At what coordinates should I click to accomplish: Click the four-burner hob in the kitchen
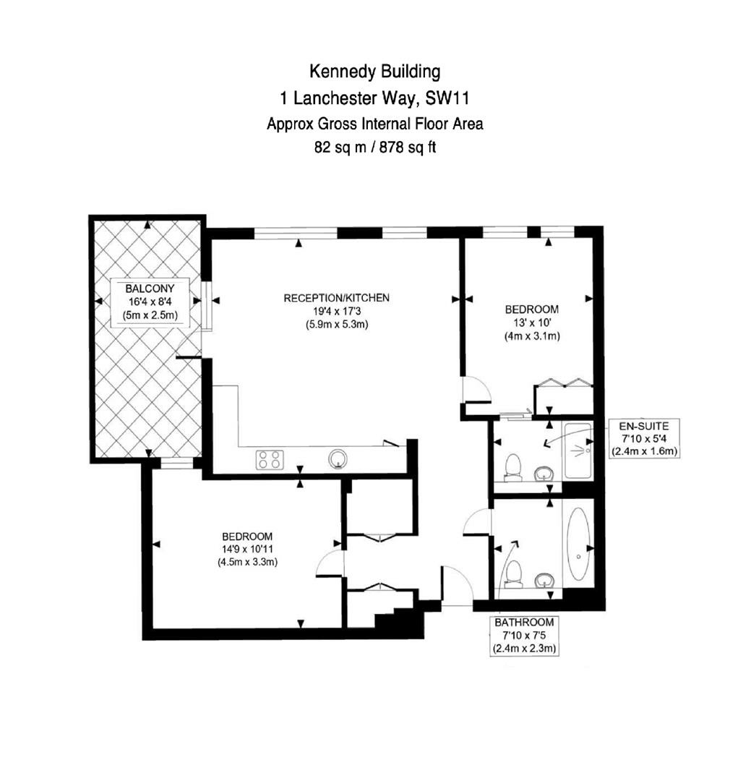270,460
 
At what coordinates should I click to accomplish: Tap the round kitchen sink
339,458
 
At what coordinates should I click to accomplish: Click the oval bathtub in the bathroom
578,544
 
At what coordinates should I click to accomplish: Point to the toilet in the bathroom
513,575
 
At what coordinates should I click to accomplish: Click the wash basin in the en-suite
544,473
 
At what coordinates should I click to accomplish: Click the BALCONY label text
150,289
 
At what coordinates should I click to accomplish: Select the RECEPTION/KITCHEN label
337,298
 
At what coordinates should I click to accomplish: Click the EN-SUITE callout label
644,426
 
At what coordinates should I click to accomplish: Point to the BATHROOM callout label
524,622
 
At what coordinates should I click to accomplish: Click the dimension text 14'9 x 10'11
247,549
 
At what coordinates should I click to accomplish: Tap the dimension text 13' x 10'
532,323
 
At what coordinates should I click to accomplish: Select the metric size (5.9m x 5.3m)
337,325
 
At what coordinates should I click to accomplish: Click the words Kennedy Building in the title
375,72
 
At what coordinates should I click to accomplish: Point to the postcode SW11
447,98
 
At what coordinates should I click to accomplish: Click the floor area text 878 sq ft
408,148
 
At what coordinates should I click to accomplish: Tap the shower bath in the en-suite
578,451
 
